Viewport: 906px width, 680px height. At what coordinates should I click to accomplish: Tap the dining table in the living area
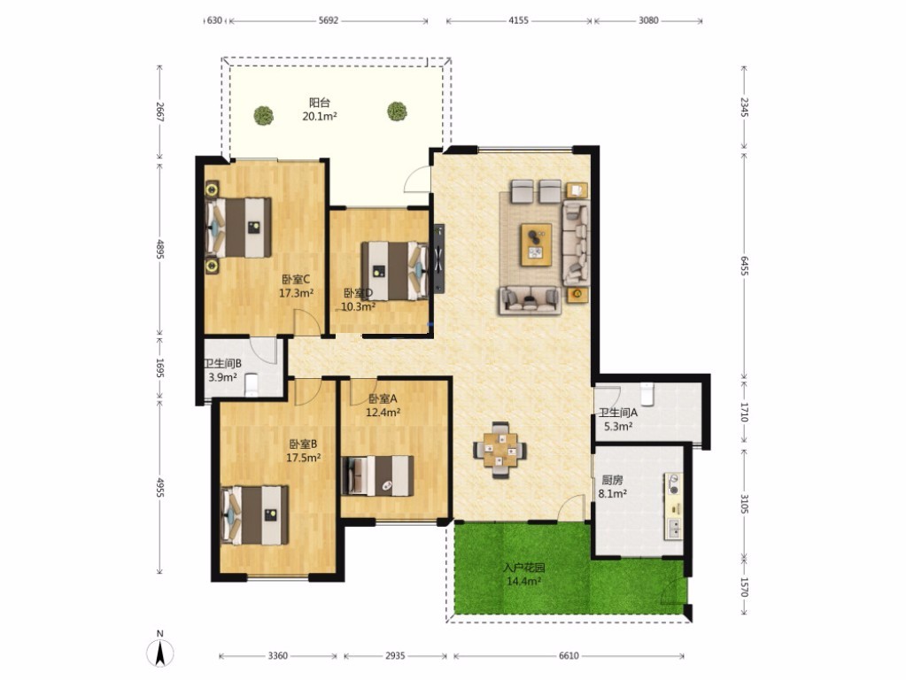coord(499,450)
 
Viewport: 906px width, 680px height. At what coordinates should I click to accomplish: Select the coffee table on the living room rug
coord(536,244)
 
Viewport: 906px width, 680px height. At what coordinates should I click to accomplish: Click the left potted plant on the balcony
coord(264,115)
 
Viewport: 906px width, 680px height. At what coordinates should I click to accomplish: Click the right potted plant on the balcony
coord(397,111)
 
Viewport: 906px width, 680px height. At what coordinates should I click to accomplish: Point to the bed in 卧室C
coord(238,228)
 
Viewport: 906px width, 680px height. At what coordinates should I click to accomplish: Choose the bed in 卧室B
coord(255,514)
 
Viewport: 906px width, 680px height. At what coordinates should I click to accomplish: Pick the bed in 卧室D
coord(394,270)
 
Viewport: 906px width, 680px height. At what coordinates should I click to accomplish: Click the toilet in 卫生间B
coord(252,385)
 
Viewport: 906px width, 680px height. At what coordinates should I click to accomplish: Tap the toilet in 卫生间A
coord(647,393)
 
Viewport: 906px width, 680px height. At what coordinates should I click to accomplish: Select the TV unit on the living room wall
coord(439,259)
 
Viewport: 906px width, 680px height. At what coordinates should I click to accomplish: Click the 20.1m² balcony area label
coord(320,116)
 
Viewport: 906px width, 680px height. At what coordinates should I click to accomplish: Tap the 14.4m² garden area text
coord(524,582)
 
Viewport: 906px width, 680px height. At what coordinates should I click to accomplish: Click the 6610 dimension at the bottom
coord(569,656)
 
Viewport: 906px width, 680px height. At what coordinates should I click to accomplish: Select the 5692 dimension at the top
coord(329,20)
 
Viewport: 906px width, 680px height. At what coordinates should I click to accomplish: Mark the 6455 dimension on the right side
coord(744,266)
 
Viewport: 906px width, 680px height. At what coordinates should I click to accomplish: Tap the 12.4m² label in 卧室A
coord(383,413)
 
